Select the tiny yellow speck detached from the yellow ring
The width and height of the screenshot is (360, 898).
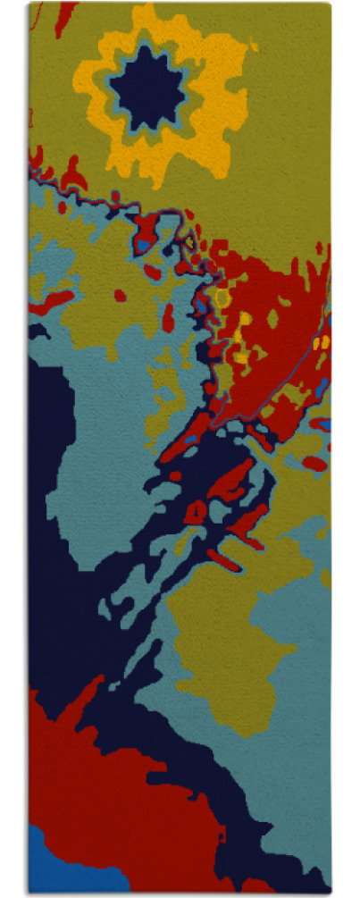click(x=255, y=46)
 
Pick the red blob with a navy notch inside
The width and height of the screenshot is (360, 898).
click(x=195, y=511)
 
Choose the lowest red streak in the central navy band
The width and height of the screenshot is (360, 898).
click(x=223, y=561)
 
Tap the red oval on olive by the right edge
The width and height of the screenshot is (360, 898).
click(x=314, y=463)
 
